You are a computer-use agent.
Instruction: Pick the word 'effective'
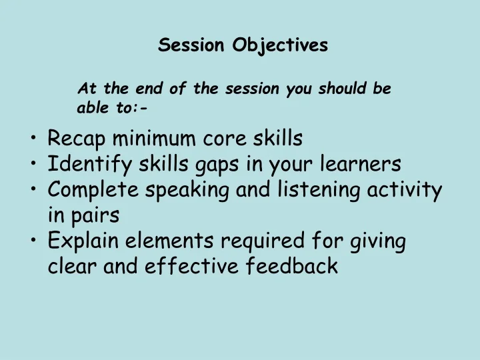tap(183, 266)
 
